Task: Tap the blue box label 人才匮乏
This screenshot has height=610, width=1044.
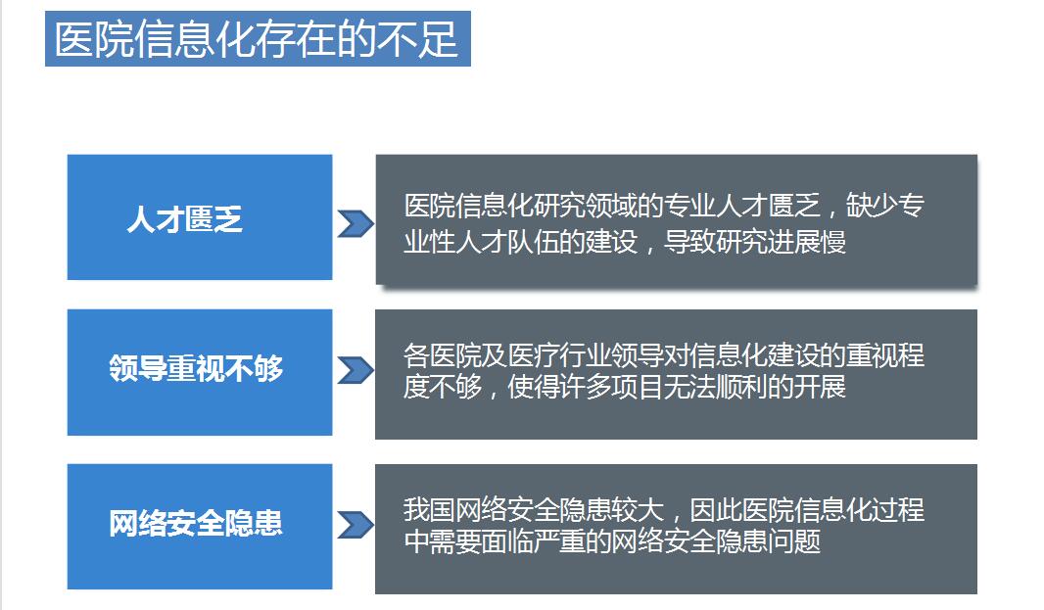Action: [184, 219]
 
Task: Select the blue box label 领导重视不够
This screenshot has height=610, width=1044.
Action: [196, 370]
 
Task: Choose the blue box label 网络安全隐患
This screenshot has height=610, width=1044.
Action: [196, 524]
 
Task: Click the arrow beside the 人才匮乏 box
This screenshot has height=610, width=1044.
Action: [355, 223]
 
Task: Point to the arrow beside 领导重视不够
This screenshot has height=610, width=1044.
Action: [355, 370]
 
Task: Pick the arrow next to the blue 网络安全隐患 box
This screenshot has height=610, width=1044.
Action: [355, 524]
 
